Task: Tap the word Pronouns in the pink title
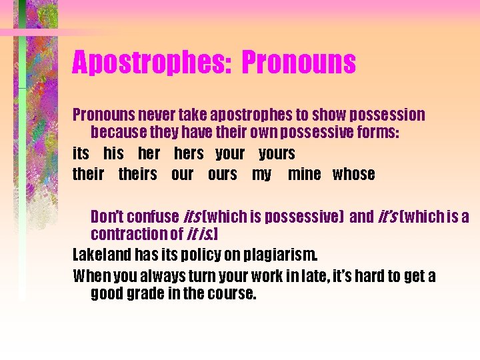(299, 63)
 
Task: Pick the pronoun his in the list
(113, 153)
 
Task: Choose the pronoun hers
(189, 153)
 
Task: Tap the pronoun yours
(277, 153)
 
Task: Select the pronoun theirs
(137, 174)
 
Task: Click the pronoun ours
(222, 174)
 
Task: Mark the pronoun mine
(304, 174)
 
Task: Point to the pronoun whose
(353, 174)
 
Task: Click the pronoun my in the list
(261, 175)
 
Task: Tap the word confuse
(153, 217)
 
